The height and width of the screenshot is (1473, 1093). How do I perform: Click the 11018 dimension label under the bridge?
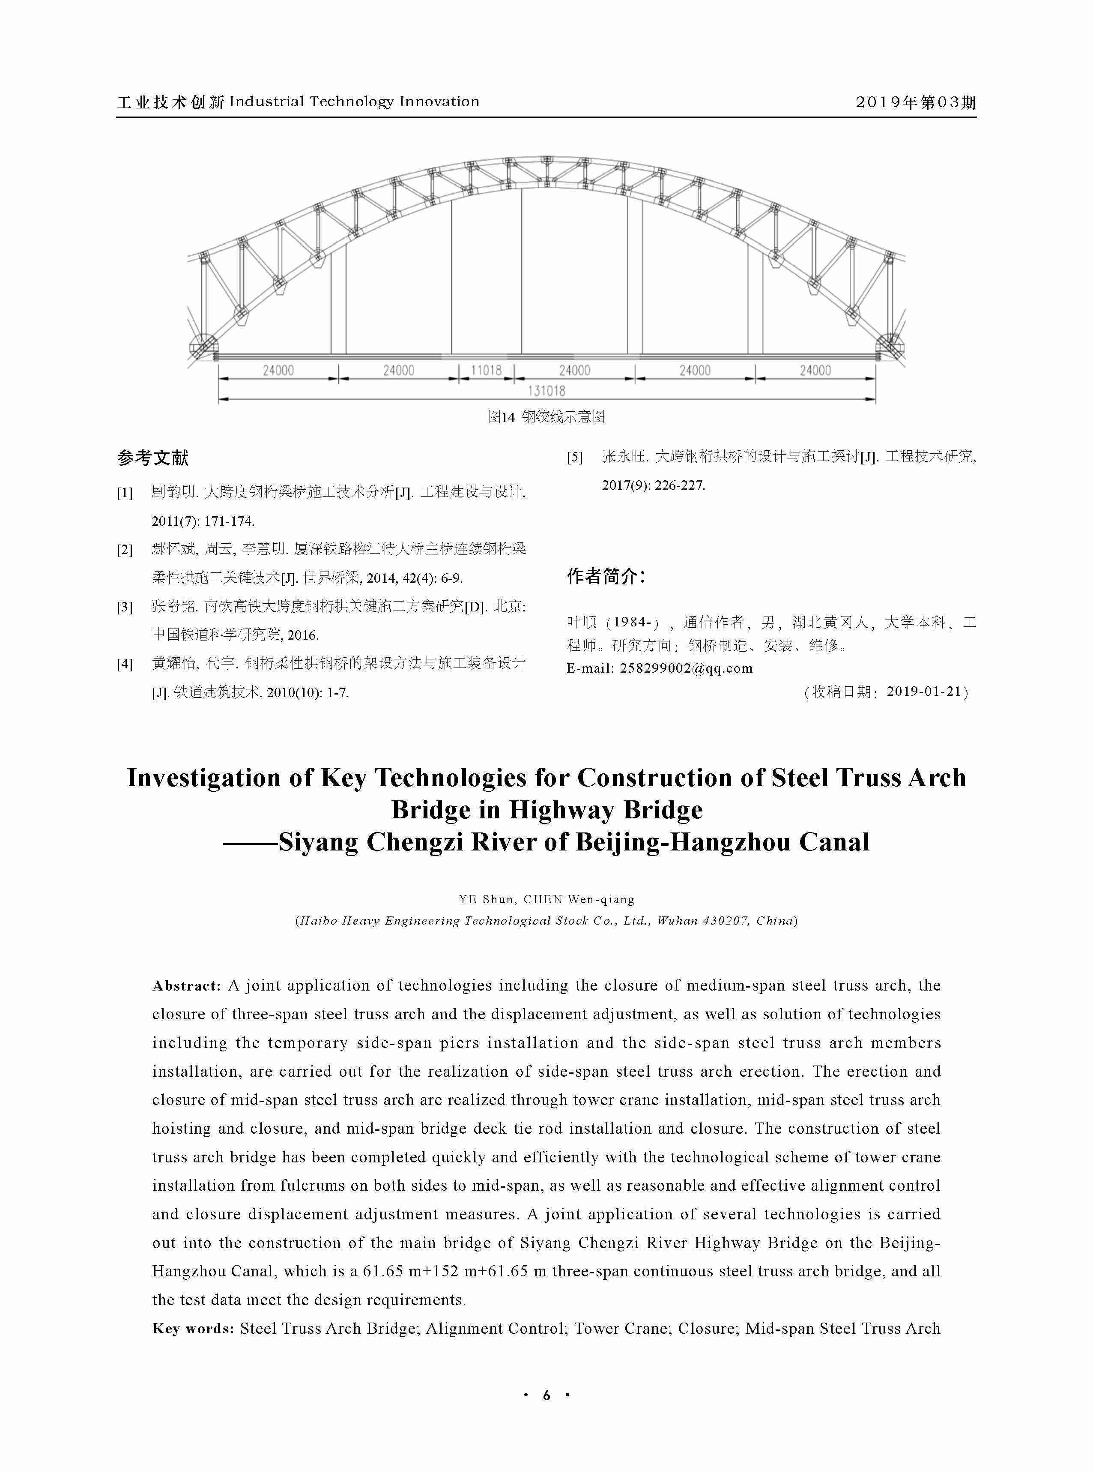pyautogui.click(x=486, y=371)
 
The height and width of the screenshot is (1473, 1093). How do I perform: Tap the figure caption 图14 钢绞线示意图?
pyautogui.click(x=546, y=417)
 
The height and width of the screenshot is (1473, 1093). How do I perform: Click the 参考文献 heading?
pyautogui.click(x=153, y=457)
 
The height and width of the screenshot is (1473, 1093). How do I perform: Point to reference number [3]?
pyautogui.click(x=124, y=607)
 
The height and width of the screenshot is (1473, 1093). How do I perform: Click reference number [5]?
pyautogui.click(x=574, y=457)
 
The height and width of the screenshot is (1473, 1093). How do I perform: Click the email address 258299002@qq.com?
pyautogui.click(x=686, y=668)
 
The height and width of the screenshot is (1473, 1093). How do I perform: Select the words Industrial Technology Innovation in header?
pyautogui.click(x=354, y=102)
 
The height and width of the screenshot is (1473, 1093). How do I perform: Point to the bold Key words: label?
pyautogui.click(x=193, y=1329)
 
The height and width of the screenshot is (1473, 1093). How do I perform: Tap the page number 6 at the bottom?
pyautogui.click(x=546, y=1395)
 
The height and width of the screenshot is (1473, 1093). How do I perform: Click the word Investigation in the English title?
pyautogui.click(x=204, y=778)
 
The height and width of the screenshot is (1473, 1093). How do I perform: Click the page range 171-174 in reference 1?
pyautogui.click(x=229, y=521)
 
